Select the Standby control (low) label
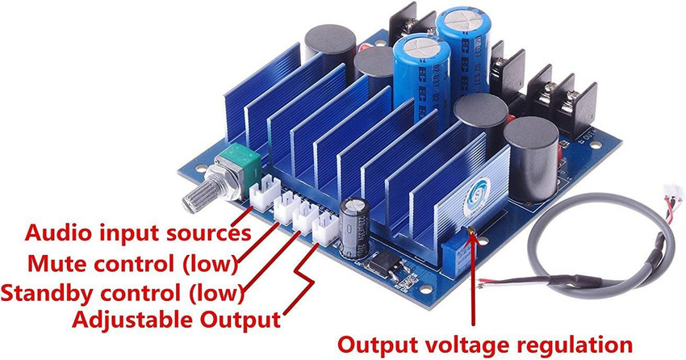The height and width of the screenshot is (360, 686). point(121,291)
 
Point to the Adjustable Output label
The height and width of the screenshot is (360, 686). point(177,319)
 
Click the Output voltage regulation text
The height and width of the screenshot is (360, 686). point(484,343)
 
